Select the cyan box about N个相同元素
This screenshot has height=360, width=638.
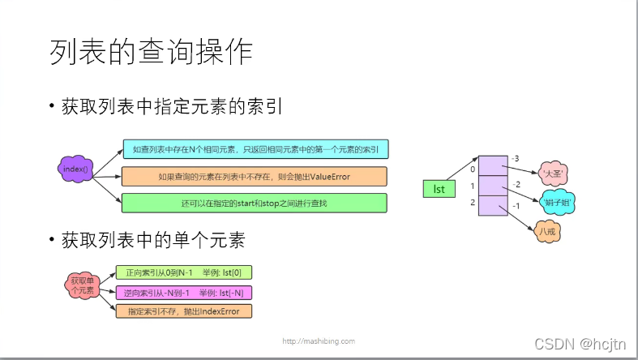point(255,149)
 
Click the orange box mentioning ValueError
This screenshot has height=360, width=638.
point(255,176)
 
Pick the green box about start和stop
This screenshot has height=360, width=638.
point(255,203)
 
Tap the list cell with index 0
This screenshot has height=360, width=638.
point(492,166)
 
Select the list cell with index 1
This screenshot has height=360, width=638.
point(492,186)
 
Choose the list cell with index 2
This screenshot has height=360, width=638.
point(492,206)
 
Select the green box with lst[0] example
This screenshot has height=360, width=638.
point(184,272)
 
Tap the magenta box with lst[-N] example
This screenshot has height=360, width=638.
point(184,292)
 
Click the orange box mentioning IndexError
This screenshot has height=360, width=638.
point(184,311)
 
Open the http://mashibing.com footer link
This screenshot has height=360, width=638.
point(319,341)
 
